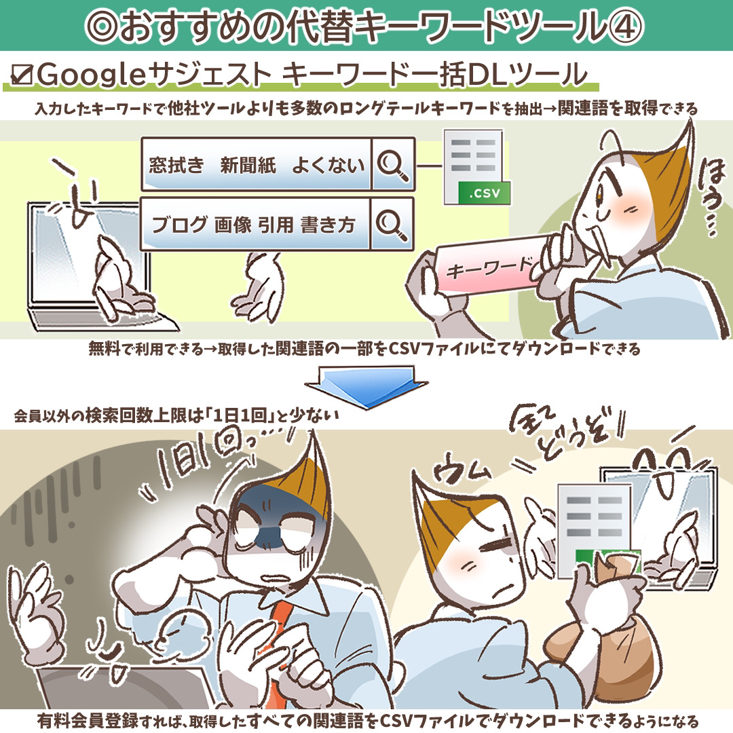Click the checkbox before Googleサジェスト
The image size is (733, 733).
pos(22,75)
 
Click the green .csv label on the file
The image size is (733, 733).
pos(484,193)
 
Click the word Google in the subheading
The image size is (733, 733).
pos(92,75)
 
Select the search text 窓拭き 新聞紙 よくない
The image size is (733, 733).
pos(257,165)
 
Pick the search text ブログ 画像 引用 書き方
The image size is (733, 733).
pos(254,225)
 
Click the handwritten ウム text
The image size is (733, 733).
pos(460,468)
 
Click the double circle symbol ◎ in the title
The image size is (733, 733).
pos(102,26)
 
